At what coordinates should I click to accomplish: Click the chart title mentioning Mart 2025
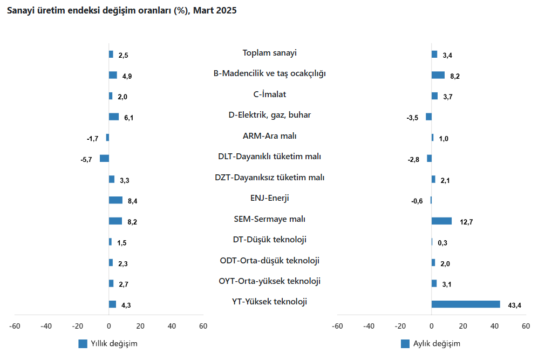[x=121, y=10]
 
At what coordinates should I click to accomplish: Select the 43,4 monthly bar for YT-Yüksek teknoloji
[x=466, y=304]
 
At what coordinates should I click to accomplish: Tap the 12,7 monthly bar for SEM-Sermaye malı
[x=441, y=221]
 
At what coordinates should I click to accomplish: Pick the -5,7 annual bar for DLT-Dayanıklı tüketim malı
[x=104, y=158]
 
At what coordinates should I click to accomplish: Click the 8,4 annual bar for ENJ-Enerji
[x=115, y=200]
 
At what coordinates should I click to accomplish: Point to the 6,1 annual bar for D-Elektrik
[x=114, y=117]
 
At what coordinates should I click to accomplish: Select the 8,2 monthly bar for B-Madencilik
[x=438, y=75]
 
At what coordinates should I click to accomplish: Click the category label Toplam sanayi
[x=270, y=53]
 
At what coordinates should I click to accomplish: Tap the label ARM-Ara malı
[x=270, y=136]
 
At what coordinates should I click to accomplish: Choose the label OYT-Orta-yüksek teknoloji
[x=270, y=281]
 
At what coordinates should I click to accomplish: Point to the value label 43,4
[x=515, y=305]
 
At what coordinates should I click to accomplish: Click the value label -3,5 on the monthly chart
[x=413, y=117]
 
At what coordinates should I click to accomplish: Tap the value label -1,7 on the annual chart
[x=92, y=139]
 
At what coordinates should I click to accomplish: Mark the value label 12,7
[x=466, y=222]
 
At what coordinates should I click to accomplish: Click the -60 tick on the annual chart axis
[x=15, y=326]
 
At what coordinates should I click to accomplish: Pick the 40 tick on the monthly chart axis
[x=494, y=326]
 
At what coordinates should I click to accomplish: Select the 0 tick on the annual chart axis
[x=109, y=326]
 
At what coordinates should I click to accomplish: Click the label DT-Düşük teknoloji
[x=270, y=240]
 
